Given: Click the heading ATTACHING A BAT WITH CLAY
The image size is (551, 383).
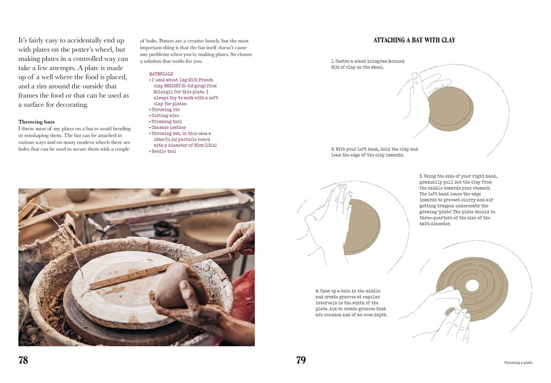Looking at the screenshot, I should click(414, 40).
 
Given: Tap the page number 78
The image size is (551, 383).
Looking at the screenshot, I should click(23, 360).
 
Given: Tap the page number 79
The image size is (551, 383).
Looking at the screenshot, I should click(301, 360).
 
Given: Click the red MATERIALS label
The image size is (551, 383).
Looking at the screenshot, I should click(161, 74).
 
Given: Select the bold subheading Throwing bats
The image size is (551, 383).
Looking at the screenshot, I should click(37, 122).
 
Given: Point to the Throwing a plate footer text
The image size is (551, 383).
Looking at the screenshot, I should click(518, 362).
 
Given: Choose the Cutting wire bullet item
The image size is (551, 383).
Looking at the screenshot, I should click(165, 116).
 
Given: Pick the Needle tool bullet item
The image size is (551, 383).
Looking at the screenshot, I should click(164, 151).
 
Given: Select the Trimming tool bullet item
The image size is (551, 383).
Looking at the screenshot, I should click(167, 122).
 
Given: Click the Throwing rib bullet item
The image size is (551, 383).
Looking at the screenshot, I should click(165, 109).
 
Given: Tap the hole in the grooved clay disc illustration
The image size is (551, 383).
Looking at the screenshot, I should click(472, 285).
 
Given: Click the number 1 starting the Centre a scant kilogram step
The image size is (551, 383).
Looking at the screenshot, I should click(333, 61).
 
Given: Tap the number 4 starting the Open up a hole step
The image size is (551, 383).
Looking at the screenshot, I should click(317, 291).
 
